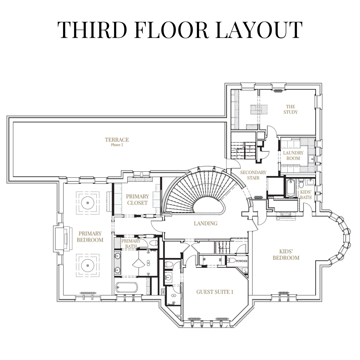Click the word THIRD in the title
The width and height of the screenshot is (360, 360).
point(92,30)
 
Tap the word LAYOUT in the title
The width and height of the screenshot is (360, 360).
point(259,30)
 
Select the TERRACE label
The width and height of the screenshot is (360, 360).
point(117,140)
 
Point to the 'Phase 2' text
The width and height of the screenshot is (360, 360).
point(117,145)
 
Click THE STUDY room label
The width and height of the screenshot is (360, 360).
point(290,109)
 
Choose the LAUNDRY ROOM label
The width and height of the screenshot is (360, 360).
point(293,155)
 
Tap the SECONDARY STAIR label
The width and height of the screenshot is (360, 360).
point(253,175)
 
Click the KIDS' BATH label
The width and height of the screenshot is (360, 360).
point(306,194)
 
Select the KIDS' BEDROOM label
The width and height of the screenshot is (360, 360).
point(286,255)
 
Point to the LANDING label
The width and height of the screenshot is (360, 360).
point(205,223)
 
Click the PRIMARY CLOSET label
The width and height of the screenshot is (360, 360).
point(137,200)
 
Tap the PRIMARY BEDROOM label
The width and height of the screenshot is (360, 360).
point(90,237)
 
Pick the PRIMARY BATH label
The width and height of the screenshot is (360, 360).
point(131,243)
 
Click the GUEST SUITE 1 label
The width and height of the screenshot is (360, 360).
point(215,292)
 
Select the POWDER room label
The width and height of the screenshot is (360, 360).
point(242,261)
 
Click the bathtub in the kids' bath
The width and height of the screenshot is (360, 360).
point(291,188)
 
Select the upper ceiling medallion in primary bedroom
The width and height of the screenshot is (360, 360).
point(88,203)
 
